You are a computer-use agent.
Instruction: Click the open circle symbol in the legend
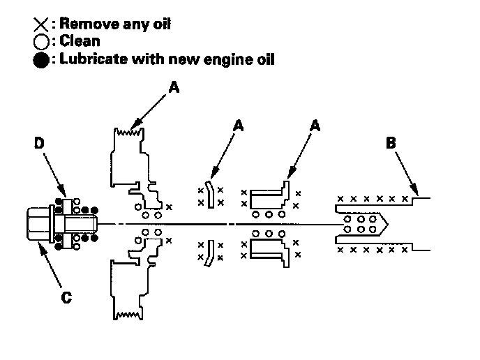pyautogui.click(x=39, y=42)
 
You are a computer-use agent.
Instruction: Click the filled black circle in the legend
pyautogui.click(x=40, y=59)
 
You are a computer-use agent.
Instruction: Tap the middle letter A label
pyautogui.click(x=239, y=126)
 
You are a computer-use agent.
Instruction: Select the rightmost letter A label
pyautogui.click(x=315, y=126)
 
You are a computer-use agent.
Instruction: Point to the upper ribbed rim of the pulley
pyautogui.click(x=128, y=131)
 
